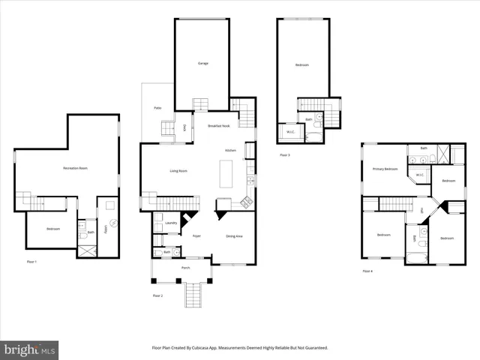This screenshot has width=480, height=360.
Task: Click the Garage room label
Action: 202,64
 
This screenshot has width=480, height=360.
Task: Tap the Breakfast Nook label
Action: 219,126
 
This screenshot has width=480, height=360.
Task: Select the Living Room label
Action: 178,171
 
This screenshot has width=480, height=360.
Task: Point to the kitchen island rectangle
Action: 226,174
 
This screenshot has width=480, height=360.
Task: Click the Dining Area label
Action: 235,236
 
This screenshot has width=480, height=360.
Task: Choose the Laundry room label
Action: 170,223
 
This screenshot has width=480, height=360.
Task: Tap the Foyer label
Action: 196,236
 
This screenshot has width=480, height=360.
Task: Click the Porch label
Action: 185,268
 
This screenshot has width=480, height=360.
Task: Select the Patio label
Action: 158,109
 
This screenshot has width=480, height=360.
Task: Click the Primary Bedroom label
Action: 385,169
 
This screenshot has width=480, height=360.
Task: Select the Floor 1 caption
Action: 31,261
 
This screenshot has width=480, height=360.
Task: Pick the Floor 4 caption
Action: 367,271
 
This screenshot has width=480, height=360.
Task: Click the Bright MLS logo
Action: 30,349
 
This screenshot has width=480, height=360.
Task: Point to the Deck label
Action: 184,127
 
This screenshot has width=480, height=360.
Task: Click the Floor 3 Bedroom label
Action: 301,65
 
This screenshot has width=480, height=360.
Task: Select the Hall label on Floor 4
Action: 421,210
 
